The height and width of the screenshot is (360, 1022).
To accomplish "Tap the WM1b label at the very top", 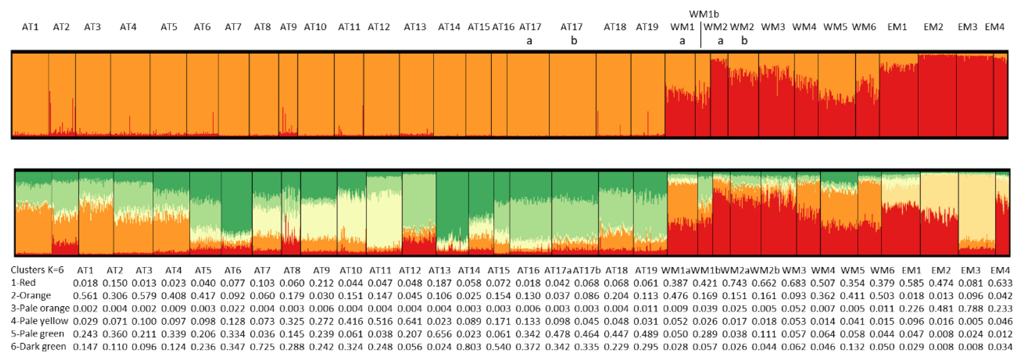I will (x=703, y=14).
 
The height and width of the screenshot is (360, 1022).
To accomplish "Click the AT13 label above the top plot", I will (x=415, y=27).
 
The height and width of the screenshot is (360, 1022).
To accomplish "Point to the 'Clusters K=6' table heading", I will (x=37, y=270).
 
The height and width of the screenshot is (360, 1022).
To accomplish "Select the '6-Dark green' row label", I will (x=38, y=347).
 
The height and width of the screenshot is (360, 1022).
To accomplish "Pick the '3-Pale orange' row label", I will (x=40, y=308).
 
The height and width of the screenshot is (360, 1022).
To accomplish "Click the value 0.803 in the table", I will (x=469, y=347).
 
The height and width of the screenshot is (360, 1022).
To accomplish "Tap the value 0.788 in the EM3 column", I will (x=970, y=308).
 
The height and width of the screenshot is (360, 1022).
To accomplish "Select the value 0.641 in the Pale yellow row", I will (x=409, y=321).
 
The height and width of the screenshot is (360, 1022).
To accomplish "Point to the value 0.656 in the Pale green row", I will (x=439, y=334).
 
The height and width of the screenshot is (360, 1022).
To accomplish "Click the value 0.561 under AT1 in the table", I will (x=85, y=296).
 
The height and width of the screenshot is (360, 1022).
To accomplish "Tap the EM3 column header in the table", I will (x=970, y=270).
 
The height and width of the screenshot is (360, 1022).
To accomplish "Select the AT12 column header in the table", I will (x=409, y=270).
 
